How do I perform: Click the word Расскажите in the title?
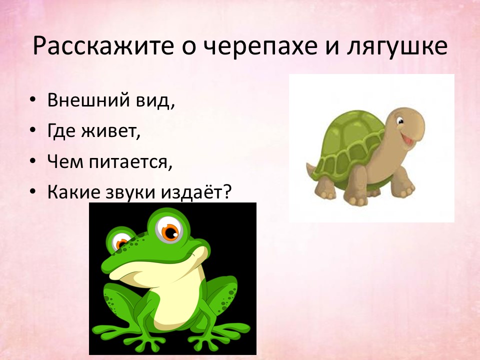click(103, 46)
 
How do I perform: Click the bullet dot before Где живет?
click(33, 130)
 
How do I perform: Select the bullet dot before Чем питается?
click(33, 161)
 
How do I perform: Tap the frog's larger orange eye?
click(169, 231)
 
